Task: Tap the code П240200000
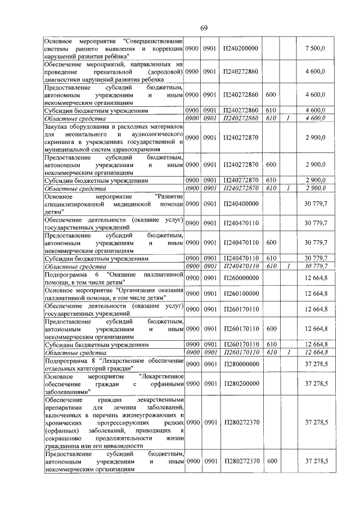pyautogui.click(x=240, y=49)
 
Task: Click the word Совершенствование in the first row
pyautogui.click(x=154, y=42)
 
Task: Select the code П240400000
pyautogui.click(x=240, y=205)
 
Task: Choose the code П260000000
pyautogui.click(x=240, y=277)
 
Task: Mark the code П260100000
pyautogui.click(x=240, y=293)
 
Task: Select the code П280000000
pyautogui.click(x=240, y=364)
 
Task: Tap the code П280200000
pyautogui.click(x=240, y=384)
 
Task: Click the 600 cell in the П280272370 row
pyautogui.click(x=271, y=461)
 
